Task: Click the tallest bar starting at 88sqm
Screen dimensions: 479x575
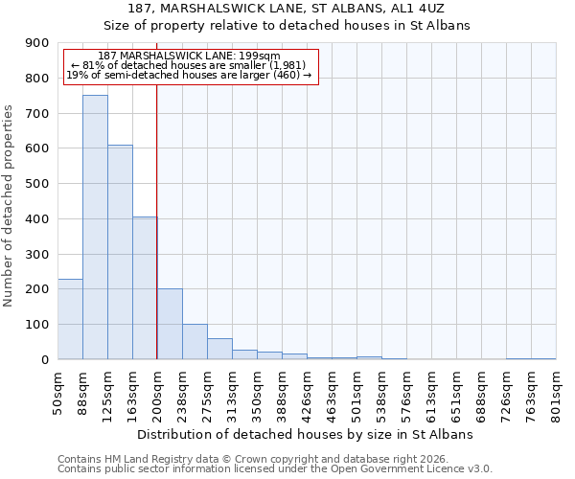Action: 95,227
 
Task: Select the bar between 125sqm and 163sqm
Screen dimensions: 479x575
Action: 120,252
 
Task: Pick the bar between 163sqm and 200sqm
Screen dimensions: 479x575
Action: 145,287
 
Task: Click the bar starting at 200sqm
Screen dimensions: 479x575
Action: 170,324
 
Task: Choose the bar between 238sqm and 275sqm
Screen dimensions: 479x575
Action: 195,341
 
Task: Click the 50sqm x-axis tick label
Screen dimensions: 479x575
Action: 58,393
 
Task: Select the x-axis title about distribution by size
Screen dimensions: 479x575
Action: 308,435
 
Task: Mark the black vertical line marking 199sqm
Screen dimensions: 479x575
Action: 156,220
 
